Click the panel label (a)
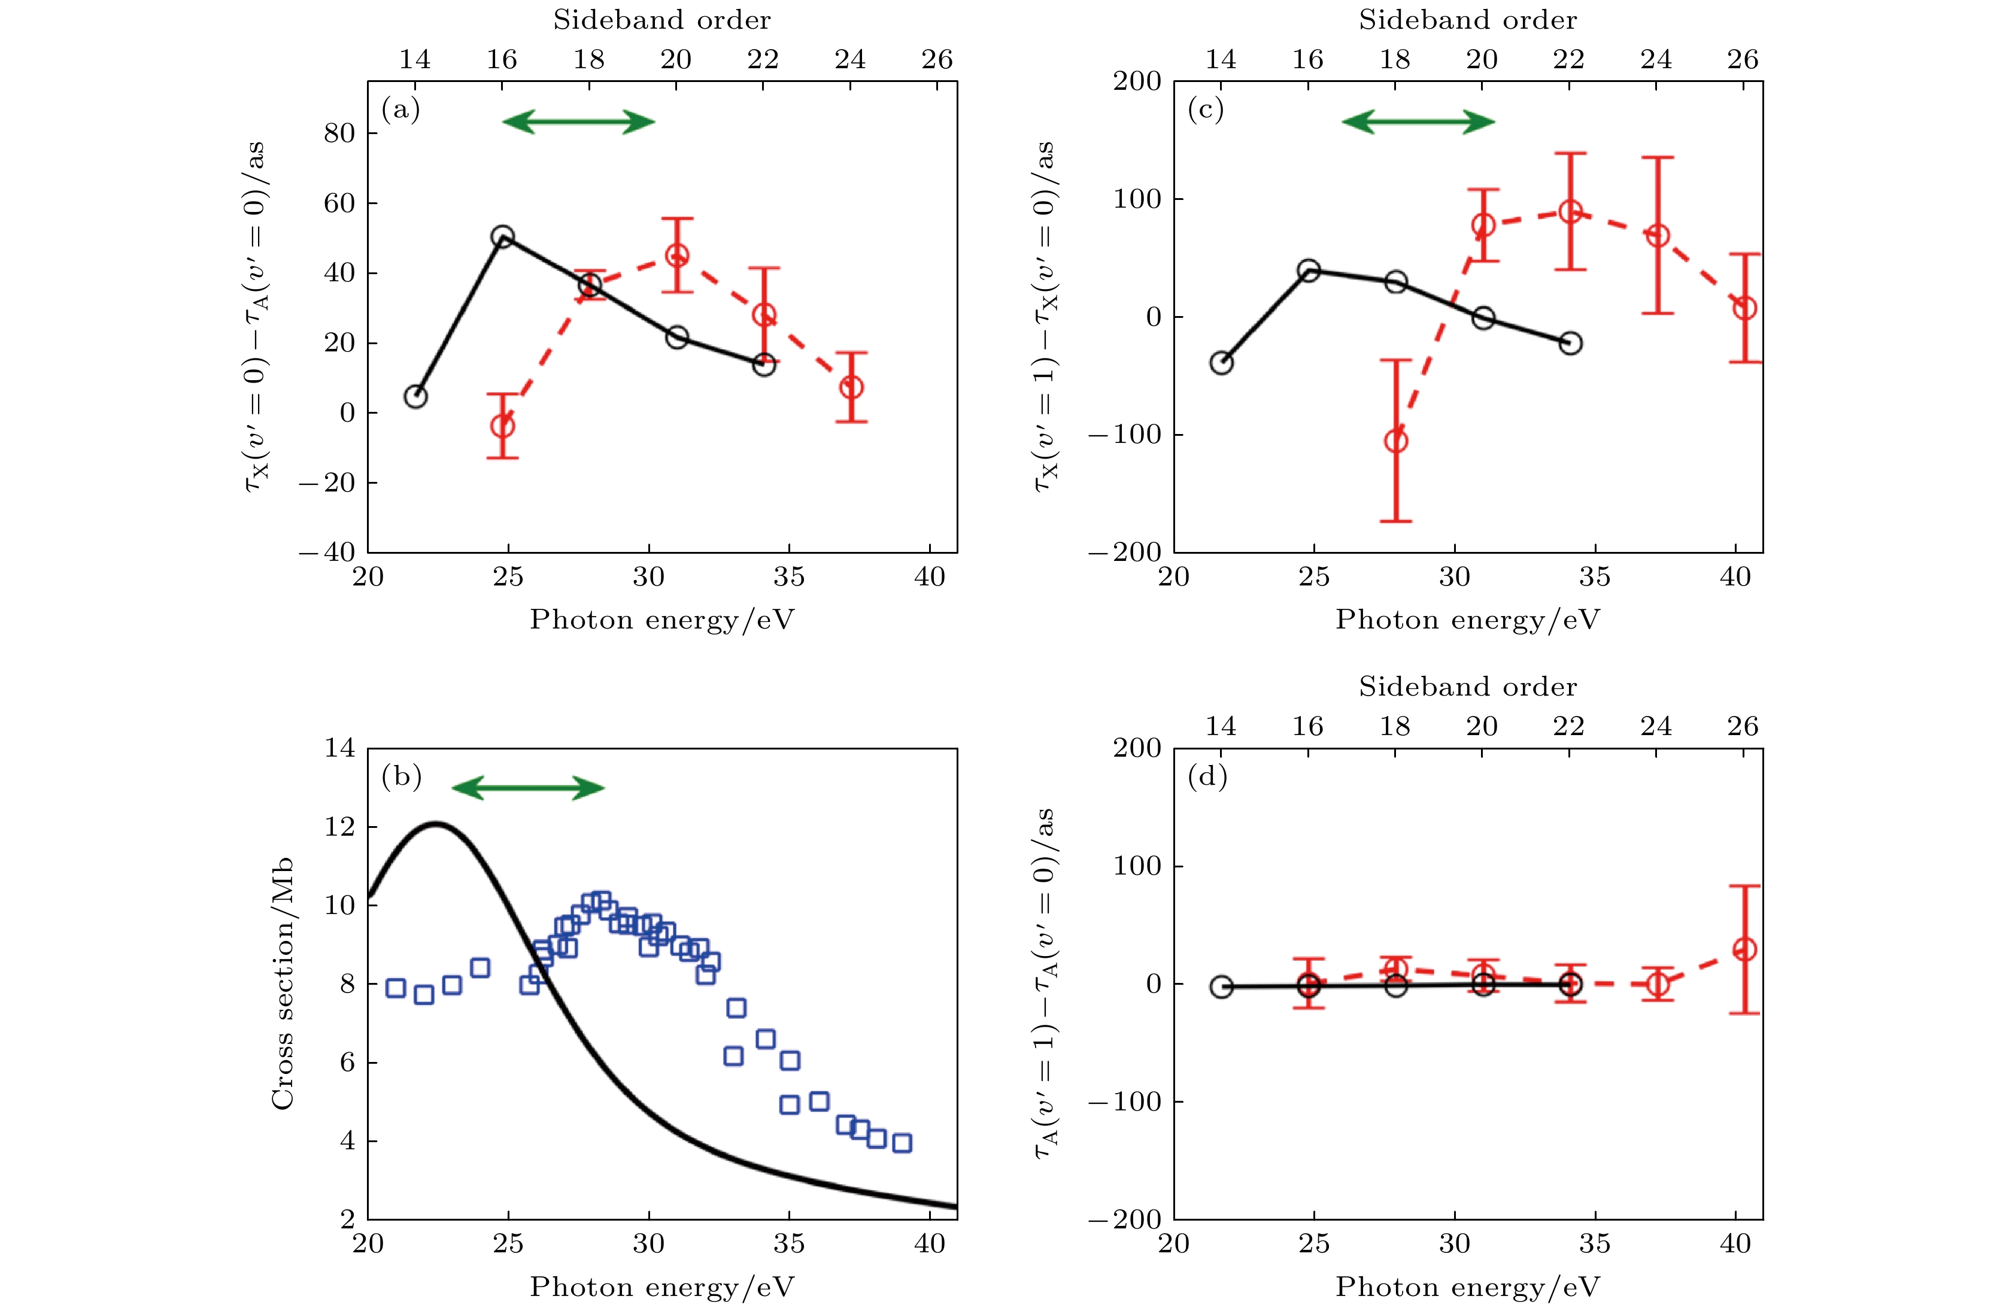coord(400,110)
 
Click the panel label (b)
coord(400,776)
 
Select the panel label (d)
coord(1207,776)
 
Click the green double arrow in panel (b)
coord(527,788)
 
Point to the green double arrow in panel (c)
coord(1418,122)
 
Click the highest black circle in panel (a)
coord(502,236)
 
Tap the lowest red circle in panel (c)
coord(1395,440)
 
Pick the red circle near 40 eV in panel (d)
coord(1744,949)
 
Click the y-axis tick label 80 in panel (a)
coord(339,133)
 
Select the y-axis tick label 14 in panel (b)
coord(339,748)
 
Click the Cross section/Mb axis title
coord(282,983)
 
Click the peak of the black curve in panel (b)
coord(435,824)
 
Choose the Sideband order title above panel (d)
coord(1468,687)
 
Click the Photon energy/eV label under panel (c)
coord(1468,620)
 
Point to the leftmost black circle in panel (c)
coord(1221,363)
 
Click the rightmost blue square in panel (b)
coord(902,1142)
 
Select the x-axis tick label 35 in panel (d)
coord(1595,1244)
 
